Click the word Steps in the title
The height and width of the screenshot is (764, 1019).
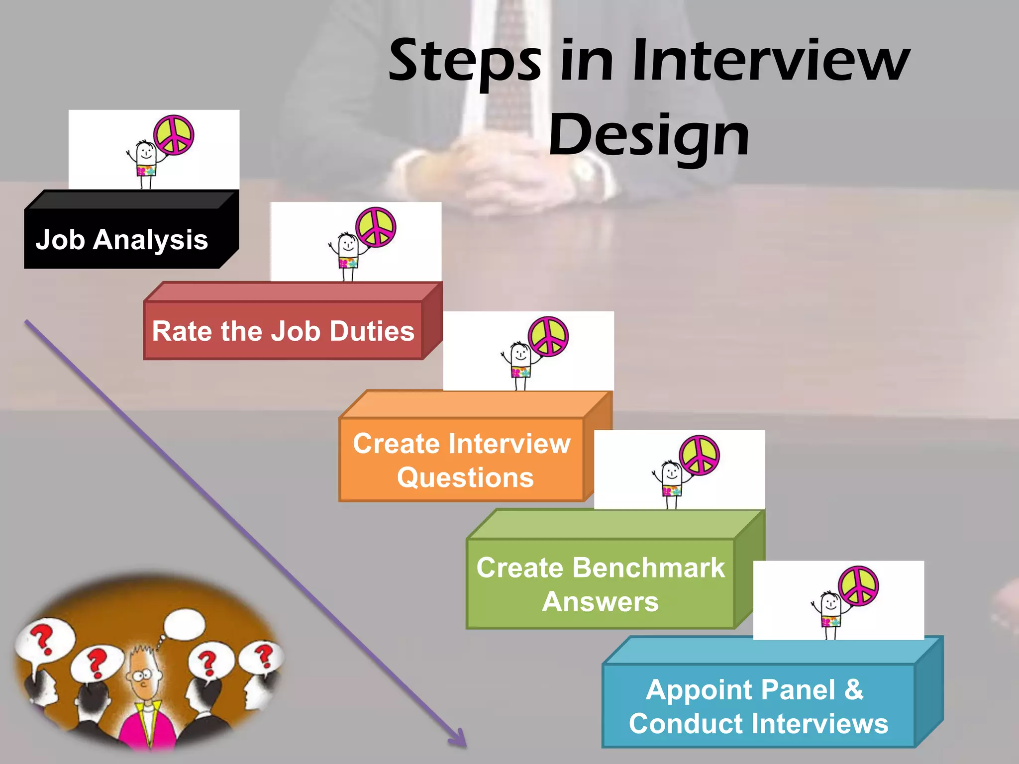[465, 62]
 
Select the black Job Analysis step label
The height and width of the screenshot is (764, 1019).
[122, 240]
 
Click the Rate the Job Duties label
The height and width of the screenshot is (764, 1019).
[283, 331]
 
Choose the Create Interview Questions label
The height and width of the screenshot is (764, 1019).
[462, 460]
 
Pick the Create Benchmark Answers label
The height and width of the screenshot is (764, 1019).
[601, 584]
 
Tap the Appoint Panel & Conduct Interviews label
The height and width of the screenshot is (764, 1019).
[758, 706]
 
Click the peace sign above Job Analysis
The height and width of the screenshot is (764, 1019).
[174, 135]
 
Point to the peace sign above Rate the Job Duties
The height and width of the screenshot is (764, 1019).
[376, 227]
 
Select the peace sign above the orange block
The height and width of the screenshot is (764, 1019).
[548, 336]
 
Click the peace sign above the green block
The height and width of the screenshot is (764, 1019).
[700, 455]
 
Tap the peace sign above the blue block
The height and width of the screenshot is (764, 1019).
[858, 585]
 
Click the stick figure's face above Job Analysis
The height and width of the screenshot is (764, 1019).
[145, 152]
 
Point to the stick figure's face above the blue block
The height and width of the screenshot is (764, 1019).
[830, 603]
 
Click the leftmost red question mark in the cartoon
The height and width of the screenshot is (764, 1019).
[42, 640]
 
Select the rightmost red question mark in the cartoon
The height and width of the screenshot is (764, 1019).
[264, 656]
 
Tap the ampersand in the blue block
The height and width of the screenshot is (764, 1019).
[853, 689]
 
